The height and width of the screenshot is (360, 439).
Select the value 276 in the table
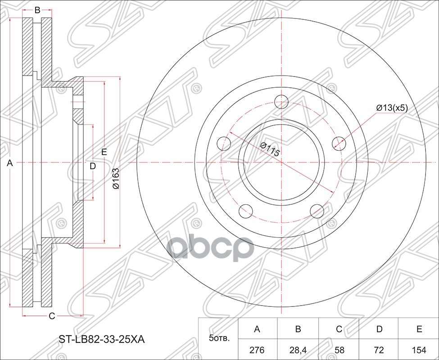[x=257, y=349]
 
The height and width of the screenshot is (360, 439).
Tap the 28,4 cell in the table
[x=298, y=349]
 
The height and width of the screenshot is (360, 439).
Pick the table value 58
[x=339, y=349]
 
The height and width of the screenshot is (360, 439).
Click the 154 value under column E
[x=419, y=349]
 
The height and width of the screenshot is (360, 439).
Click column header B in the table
[x=298, y=329]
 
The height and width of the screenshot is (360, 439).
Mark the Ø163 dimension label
[x=116, y=178]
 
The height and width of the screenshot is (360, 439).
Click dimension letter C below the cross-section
[x=52, y=316]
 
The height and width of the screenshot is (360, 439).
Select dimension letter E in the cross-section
[x=104, y=152]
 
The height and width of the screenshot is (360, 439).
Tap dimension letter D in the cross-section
[x=93, y=166]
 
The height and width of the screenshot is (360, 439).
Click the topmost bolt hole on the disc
[x=281, y=102]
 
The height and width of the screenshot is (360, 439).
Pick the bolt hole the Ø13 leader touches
[x=339, y=143]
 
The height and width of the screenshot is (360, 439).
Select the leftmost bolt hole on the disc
[x=224, y=143]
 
